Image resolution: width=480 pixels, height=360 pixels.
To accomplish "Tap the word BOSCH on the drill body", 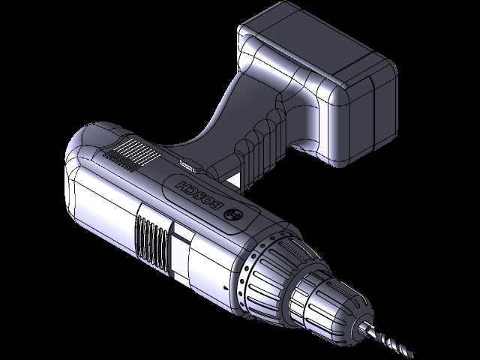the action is [x=199, y=195].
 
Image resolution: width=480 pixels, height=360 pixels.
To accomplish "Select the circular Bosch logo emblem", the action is [x=235, y=214].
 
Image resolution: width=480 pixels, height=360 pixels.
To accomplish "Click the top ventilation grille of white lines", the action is [x=132, y=154].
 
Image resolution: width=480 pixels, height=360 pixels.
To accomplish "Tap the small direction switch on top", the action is [x=191, y=164].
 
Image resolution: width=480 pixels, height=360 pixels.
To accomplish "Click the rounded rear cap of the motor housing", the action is [x=80, y=153].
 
